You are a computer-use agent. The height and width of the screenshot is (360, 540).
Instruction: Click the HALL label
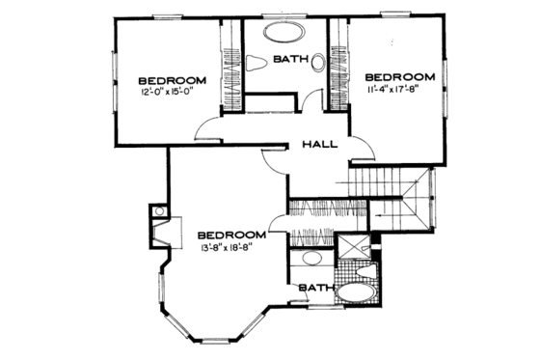(x=319, y=145)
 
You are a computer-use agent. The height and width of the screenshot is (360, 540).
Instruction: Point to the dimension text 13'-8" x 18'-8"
(x=231, y=248)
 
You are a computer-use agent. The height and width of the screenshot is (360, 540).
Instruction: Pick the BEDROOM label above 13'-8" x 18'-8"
(x=231, y=235)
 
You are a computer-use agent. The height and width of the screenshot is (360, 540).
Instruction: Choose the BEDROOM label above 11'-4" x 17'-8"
(x=399, y=75)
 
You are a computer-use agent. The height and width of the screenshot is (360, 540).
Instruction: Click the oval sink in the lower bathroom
(x=311, y=259)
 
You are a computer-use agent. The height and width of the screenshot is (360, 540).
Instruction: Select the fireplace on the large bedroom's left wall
(x=158, y=230)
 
